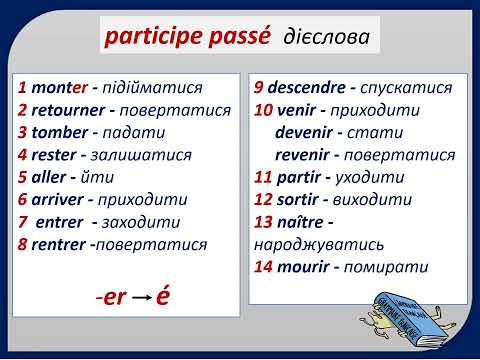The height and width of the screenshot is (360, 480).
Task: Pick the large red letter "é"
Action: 163,298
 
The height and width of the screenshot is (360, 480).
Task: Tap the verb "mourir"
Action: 306,267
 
